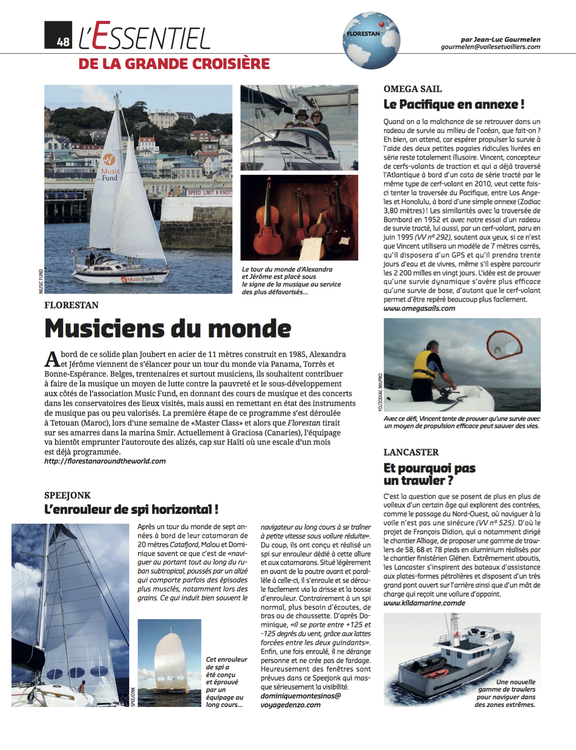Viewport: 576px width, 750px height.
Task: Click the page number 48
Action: coord(63,41)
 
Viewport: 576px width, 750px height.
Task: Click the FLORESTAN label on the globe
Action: coord(363,34)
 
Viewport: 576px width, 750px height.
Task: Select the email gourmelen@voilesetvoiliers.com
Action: coord(490,47)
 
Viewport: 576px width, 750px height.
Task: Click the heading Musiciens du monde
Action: coord(168,329)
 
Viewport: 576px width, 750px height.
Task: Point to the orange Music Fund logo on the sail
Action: coord(109,160)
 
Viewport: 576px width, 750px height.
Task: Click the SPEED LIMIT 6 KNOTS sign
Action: coord(209,193)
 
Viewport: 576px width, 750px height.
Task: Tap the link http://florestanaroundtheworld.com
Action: coord(105,461)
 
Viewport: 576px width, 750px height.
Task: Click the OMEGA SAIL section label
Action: coord(412,89)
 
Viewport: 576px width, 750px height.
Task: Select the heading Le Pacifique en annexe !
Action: coord(454,104)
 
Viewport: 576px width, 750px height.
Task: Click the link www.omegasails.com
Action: coord(419,309)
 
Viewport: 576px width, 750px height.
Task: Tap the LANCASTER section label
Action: coord(411,452)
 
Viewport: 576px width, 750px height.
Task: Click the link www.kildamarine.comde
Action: coord(424,603)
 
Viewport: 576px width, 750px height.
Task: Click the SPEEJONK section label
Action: coord(67,495)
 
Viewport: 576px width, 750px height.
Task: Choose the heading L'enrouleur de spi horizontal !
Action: coord(131,509)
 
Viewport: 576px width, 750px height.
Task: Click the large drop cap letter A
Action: coord(52,359)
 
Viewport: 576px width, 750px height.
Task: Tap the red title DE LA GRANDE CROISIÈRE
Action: coord(174,64)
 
